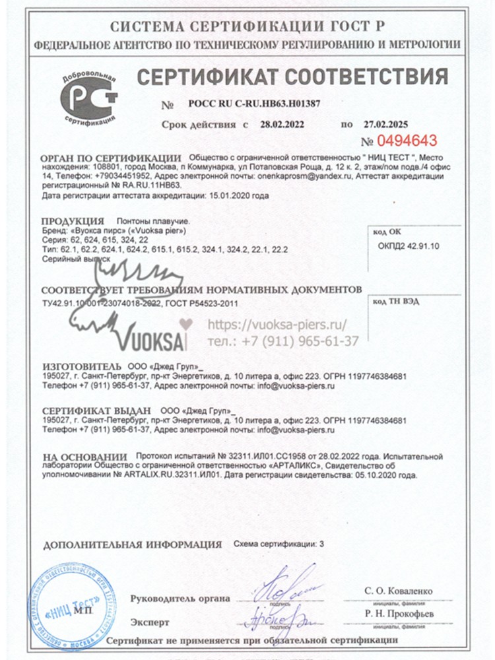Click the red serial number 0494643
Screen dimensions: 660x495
click(x=407, y=141)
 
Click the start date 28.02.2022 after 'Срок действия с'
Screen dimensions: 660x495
click(x=282, y=123)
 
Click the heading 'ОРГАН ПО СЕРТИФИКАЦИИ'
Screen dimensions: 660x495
click(x=111, y=158)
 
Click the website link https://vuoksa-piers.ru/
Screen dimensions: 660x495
click(x=277, y=324)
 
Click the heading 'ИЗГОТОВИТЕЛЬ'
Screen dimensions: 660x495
click(x=81, y=366)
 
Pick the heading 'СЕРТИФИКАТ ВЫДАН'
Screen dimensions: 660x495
click(x=96, y=410)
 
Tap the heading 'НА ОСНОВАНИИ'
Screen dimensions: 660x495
click(x=84, y=456)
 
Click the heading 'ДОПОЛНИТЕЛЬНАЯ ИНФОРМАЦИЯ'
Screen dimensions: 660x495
click(x=132, y=545)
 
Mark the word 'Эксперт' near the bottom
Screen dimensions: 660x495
click(x=150, y=622)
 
